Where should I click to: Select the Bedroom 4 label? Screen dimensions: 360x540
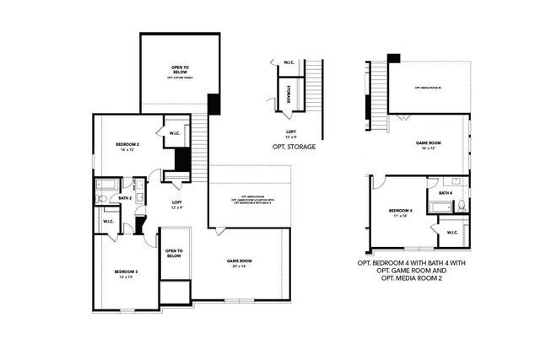401,212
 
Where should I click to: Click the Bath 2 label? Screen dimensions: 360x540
125,198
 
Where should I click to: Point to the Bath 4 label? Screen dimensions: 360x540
445,193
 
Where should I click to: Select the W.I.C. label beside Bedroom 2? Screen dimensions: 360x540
175,133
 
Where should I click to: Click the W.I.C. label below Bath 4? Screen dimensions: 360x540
451,233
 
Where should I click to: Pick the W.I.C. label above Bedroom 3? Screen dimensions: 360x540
108,222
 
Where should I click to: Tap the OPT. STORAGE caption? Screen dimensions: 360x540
294,147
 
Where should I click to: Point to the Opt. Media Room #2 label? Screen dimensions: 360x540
429,88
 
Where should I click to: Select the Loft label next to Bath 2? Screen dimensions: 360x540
177,204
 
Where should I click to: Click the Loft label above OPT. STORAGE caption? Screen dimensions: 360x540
291,133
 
